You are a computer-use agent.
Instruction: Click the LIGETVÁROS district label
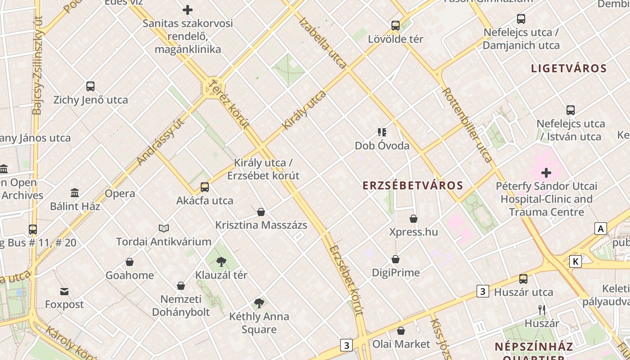[x=569, y=69]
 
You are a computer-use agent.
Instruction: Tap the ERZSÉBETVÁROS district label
[x=413, y=185]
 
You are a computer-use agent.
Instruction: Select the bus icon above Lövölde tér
[x=396, y=26]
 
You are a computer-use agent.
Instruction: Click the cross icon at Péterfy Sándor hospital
[x=546, y=172]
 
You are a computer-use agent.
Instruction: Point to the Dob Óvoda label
[x=382, y=146]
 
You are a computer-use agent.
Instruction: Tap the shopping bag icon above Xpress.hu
[x=414, y=219]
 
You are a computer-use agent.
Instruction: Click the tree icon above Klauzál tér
[x=221, y=261]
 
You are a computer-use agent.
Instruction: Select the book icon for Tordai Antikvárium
[x=164, y=229]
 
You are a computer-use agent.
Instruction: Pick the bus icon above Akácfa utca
[x=205, y=187]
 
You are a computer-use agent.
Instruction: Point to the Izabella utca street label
[x=322, y=43]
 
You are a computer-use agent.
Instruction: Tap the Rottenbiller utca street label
[x=467, y=125]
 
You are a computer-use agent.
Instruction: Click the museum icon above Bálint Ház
[x=75, y=193]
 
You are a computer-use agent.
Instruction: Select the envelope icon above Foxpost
[x=64, y=292]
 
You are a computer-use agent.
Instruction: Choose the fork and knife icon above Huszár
[x=542, y=310]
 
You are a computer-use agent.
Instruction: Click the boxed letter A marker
[x=600, y=229]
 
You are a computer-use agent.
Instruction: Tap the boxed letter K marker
[x=576, y=261]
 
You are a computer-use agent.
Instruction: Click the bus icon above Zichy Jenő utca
[x=90, y=86]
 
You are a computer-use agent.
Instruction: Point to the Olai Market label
[x=401, y=344]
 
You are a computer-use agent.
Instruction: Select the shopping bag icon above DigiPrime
[x=396, y=259]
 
